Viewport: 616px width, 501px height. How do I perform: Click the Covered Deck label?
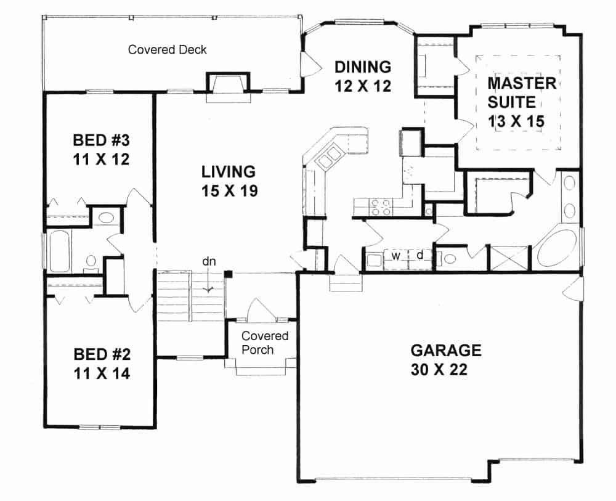coord(168,49)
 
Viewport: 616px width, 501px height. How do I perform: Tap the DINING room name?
coord(363,67)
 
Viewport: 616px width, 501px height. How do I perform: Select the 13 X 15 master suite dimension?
coord(516,121)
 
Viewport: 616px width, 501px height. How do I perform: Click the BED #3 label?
coord(102,141)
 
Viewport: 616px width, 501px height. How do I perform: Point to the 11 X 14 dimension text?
coord(102,373)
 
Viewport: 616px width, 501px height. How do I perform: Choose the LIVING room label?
coord(229,172)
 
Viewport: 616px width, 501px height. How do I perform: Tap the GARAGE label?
coord(446,350)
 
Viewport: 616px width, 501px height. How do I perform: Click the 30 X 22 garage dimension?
coord(439,370)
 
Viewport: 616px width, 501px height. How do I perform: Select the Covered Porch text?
coord(265,343)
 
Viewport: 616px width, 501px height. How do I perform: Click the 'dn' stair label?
coord(209,261)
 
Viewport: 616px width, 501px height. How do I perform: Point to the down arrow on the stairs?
coord(208,282)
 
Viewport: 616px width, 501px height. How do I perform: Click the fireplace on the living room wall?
coord(228,88)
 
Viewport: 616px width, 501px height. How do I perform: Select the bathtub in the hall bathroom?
coord(59,251)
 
